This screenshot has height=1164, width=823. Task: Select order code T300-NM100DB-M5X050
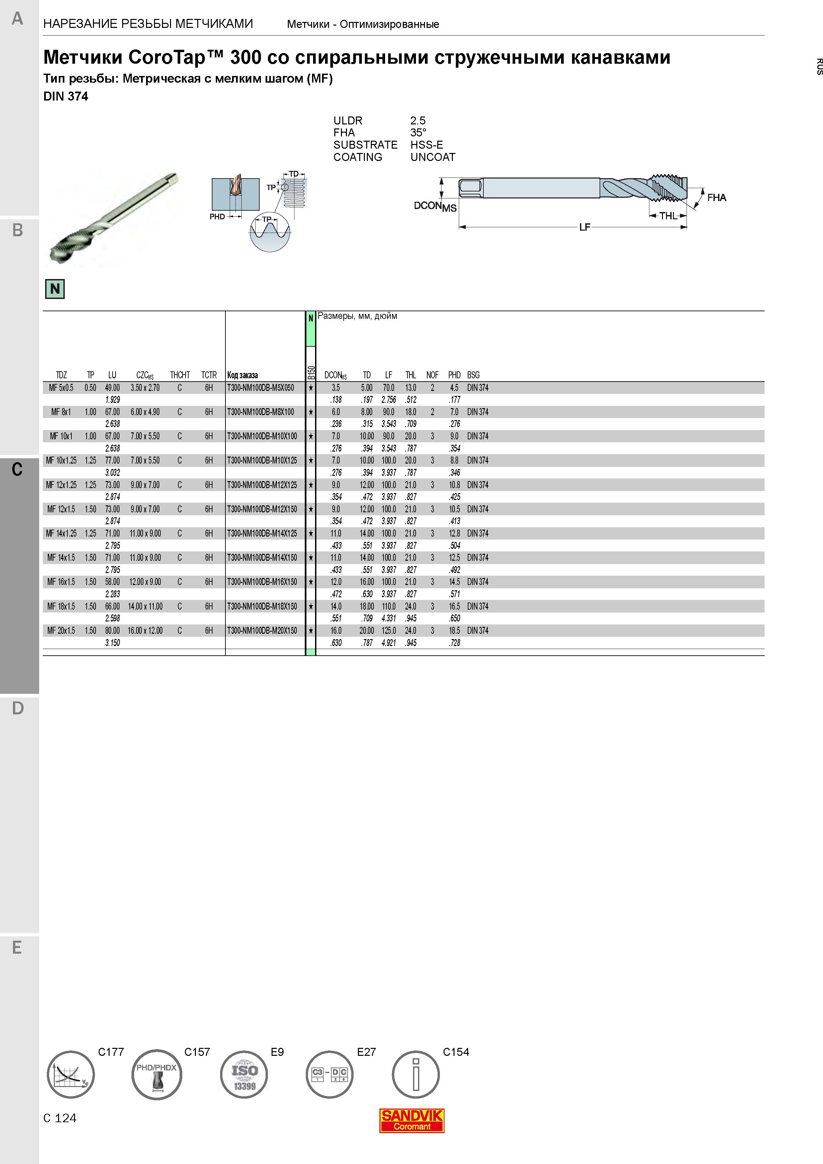tap(261, 388)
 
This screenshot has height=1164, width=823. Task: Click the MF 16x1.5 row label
tap(61, 582)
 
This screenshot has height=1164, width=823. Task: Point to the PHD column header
tap(454, 375)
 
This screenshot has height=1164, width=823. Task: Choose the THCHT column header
tap(180, 375)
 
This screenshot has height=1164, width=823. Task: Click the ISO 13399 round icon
tap(244, 1074)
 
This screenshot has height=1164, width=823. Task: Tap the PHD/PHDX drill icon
tap(157, 1074)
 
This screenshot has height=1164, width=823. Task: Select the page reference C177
tap(111, 1052)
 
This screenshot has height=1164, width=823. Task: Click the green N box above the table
tap(55, 289)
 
